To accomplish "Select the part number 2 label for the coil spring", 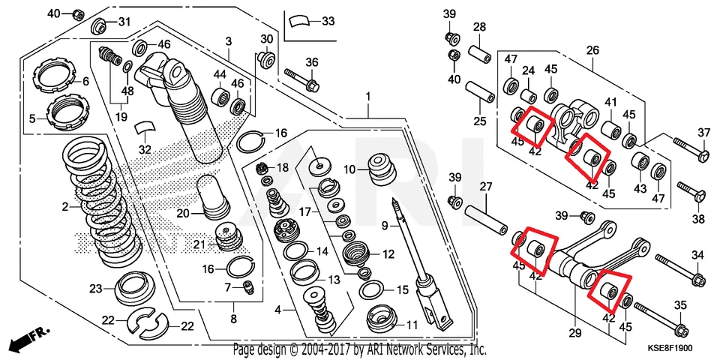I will pyautogui.click(x=65, y=206).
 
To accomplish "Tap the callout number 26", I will pyautogui.click(x=592, y=51).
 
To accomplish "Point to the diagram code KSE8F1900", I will pyautogui.click(x=664, y=349).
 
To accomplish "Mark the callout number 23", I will pyautogui.click(x=96, y=289).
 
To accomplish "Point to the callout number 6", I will pyautogui.click(x=85, y=81).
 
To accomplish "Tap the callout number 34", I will pyautogui.click(x=697, y=255).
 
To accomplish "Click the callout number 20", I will pyautogui.click(x=183, y=213).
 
